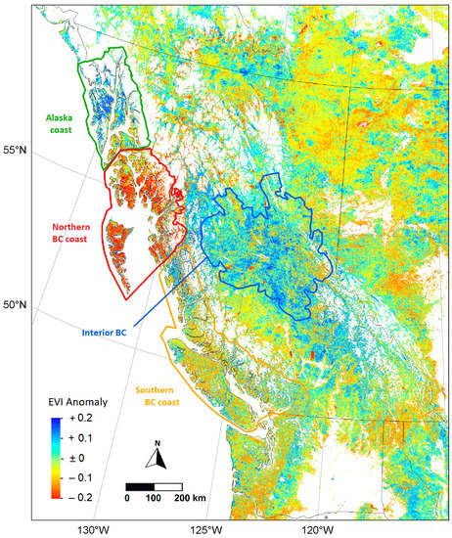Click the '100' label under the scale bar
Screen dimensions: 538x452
[154, 499]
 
